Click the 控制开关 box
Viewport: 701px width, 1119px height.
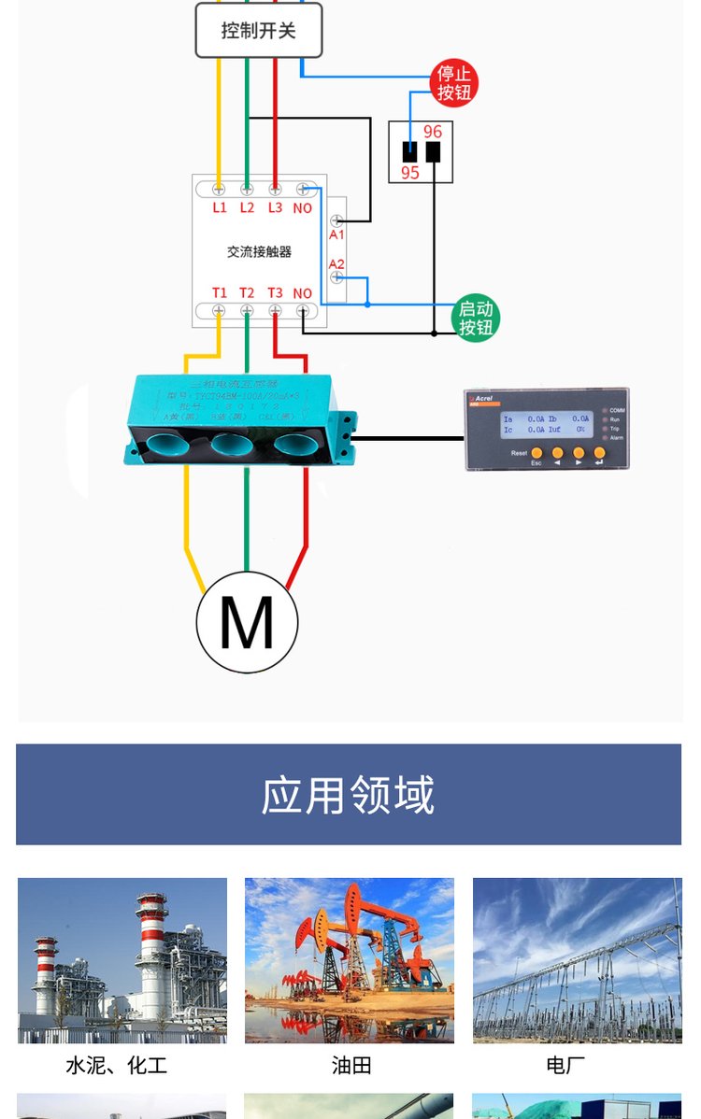[259, 31]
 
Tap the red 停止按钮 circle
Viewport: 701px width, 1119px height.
[454, 82]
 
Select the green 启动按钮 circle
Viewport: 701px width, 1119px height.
[476, 319]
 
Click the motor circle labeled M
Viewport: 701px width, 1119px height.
[247, 622]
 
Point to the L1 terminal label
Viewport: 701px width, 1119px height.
[220, 208]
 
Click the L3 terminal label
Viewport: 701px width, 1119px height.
[275, 208]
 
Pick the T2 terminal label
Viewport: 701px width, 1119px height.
[247, 293]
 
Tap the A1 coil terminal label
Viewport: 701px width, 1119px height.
[336, 235]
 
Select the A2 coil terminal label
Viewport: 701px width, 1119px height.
[336, 264]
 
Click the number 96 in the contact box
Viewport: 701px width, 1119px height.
[433, 133]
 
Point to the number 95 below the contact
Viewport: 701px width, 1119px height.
[410, 173]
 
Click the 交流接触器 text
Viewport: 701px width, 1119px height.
[259, 251]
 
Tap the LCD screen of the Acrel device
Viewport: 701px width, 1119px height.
[547, 425]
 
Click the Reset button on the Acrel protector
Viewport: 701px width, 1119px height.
[536, 453]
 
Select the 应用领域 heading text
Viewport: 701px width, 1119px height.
[349, 795]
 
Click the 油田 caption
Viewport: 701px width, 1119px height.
[351, 1066]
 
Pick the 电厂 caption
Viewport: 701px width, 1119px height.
[565, 1066]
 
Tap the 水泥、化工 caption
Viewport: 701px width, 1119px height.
[117, 1066]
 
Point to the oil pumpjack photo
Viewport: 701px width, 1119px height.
[350, 960]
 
